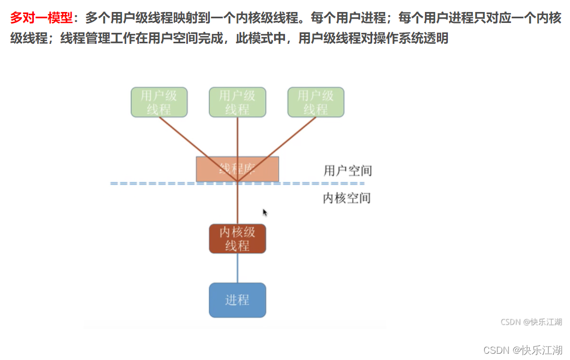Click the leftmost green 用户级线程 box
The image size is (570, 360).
[x=159, y=102]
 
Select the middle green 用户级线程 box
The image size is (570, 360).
[x=238, y=102]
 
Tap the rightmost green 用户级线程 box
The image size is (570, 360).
[x=316, y=102]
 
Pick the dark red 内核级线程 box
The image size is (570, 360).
[x=238, y=239]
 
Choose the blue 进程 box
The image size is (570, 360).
[x=238, y=300]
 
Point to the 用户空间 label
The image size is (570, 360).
[x=348, y=171]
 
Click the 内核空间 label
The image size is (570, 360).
[x=347, y=198]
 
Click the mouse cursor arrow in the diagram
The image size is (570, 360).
[x=265, y=212]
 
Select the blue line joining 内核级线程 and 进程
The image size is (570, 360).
[x=238, y=268]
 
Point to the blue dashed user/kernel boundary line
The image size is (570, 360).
[x=157, y=184]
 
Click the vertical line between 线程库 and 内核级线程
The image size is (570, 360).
[x=238, y=206]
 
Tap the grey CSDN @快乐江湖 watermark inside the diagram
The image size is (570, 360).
[x=531, y=322]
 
